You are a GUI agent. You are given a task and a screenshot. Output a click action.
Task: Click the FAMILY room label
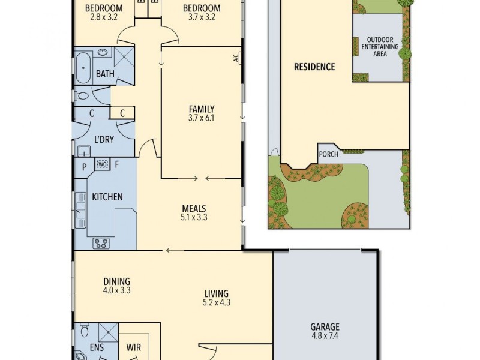click(202, 109)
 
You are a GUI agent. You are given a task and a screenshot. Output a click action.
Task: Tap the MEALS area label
click(194, 209)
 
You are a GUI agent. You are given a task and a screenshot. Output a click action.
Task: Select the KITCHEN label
click(107, 197)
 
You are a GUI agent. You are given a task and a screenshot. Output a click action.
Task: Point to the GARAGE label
click(325, 327)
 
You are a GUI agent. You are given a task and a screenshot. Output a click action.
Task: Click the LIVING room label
click(216, 293)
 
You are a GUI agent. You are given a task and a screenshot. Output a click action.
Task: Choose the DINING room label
click(116, 281)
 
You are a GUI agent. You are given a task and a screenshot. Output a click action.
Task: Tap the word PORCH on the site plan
click(328, 154)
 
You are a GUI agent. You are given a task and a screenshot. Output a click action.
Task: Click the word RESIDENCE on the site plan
click(314, 67)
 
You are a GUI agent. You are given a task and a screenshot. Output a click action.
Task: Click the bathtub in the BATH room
click(83, 68)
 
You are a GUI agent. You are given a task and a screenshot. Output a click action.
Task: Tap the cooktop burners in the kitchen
click(100, 243)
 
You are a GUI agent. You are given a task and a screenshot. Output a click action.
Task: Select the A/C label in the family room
click(236, 59)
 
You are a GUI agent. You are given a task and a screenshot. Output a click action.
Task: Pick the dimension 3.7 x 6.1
click(202, 118)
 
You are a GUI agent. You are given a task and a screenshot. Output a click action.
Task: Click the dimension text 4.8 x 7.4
click(325, 337)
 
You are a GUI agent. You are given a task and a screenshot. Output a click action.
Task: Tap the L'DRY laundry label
click(103, 140)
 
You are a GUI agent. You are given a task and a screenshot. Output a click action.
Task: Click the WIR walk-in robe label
click(133, 347)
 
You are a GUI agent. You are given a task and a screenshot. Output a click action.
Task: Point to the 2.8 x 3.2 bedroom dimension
click(103, 18)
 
